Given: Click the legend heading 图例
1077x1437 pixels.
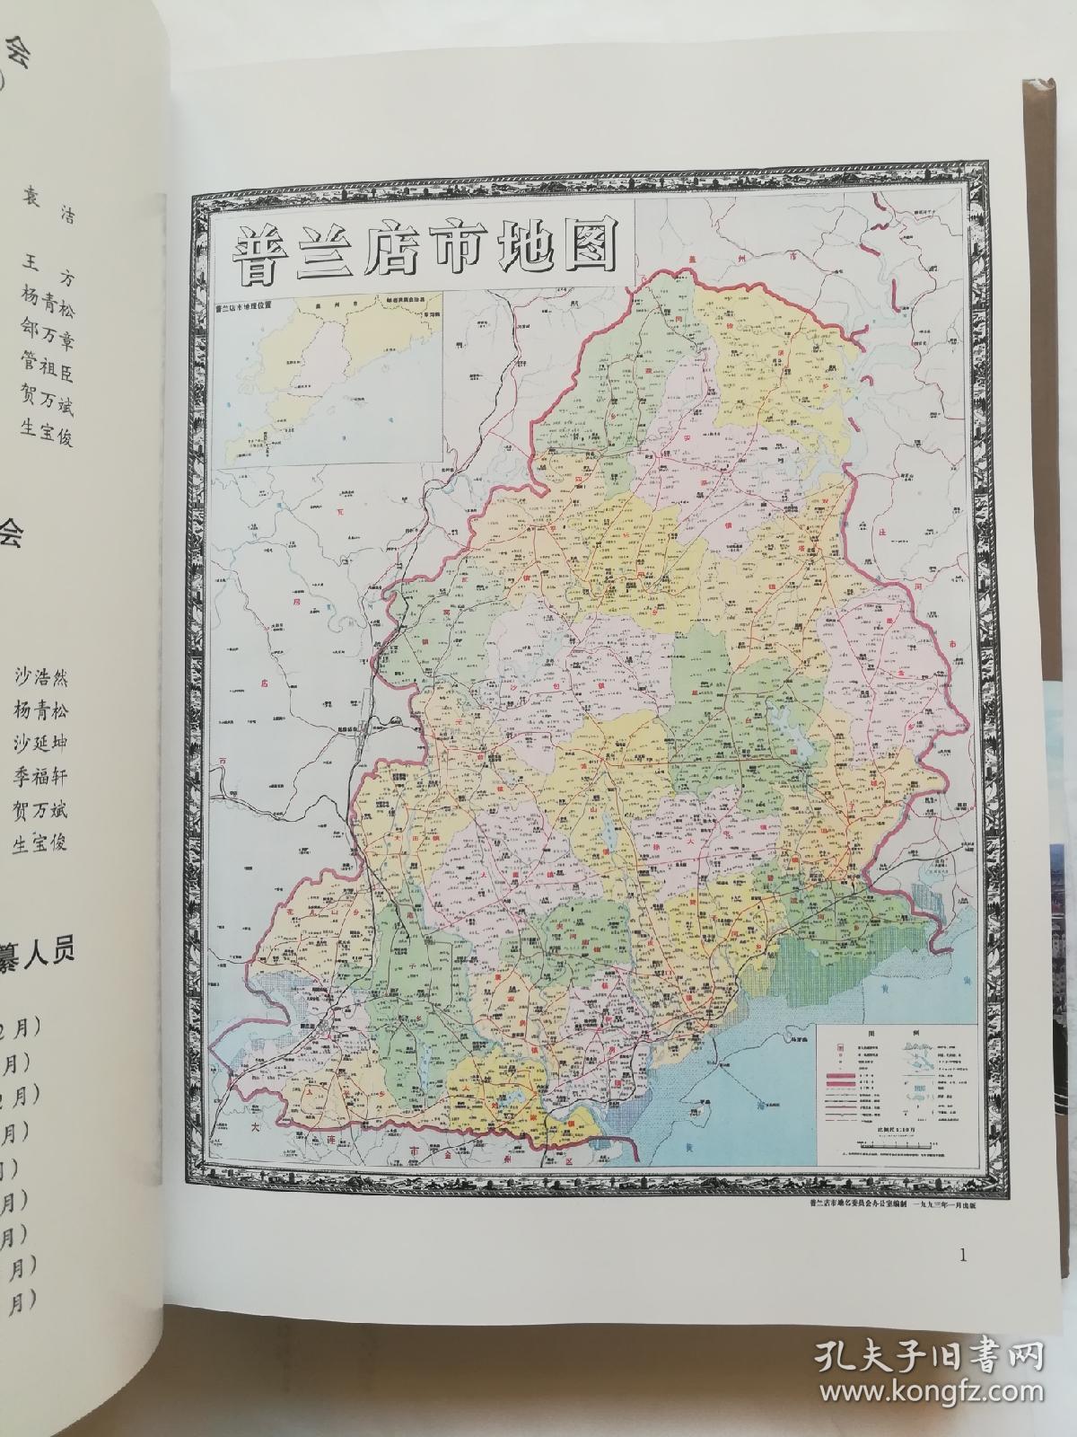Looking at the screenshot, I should [x=893, y=1034].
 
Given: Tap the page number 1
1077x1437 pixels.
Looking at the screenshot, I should [x=962, y=1256].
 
